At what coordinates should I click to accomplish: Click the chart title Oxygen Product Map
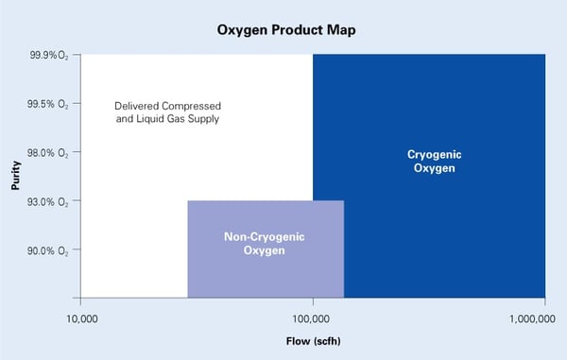coord(283,29)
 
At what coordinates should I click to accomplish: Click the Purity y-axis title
coord(16,176)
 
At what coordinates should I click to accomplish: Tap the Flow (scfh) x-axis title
coord(314,337)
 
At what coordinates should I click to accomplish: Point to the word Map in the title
coord(337,29)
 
